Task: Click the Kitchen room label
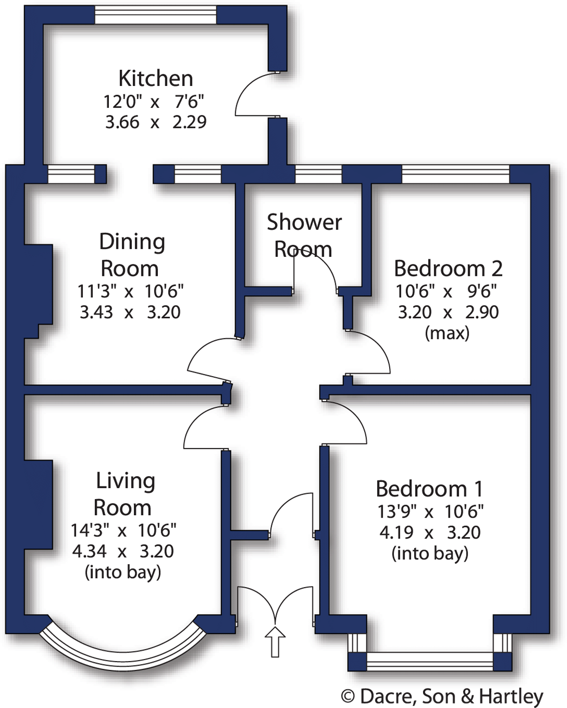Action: [x=155, y=78]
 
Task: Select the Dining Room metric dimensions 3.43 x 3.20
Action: [x=130, y=312]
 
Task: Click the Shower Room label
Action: [x=304, y=235]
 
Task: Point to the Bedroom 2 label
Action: [x=448, y=268]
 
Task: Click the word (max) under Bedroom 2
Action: [x=447, y=333]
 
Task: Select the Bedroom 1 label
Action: [x=430, y=489]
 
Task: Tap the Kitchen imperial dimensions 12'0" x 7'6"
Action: [x=154, y=101]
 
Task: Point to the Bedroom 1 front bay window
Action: [x=430, y=661]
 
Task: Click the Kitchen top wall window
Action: [x=155, y=15]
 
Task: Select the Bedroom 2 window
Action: [x=455, y=174]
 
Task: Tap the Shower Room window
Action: [x=318, y=174]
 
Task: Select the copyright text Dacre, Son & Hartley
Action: [x=442, y=696]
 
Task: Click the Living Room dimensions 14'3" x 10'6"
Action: [x=123, y=530]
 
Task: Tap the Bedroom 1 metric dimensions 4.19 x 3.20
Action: [x=430, y=533]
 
